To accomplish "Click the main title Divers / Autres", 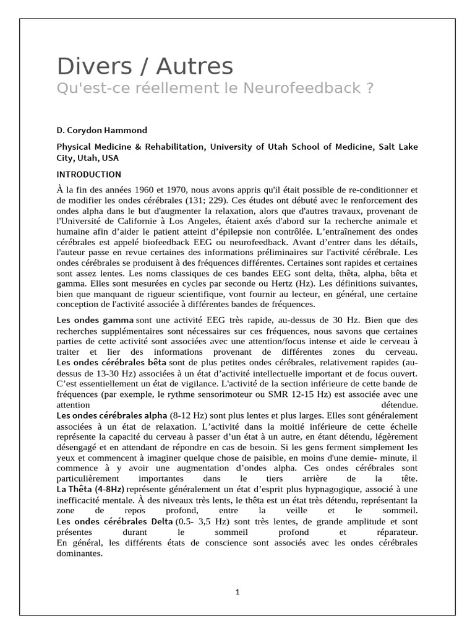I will click(x=145, y=66).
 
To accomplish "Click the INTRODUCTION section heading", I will click(x=88, y=175).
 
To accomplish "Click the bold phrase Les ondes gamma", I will click(x=95, y=319).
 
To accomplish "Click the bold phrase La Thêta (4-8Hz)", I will click(x=90, y=489).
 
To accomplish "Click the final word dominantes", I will click(x=79, y=554).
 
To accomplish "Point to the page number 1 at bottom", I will click(x=237, y=592).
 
